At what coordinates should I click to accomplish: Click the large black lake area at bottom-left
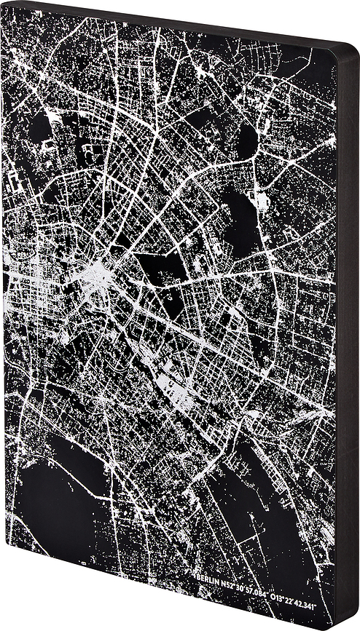[51, 502]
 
